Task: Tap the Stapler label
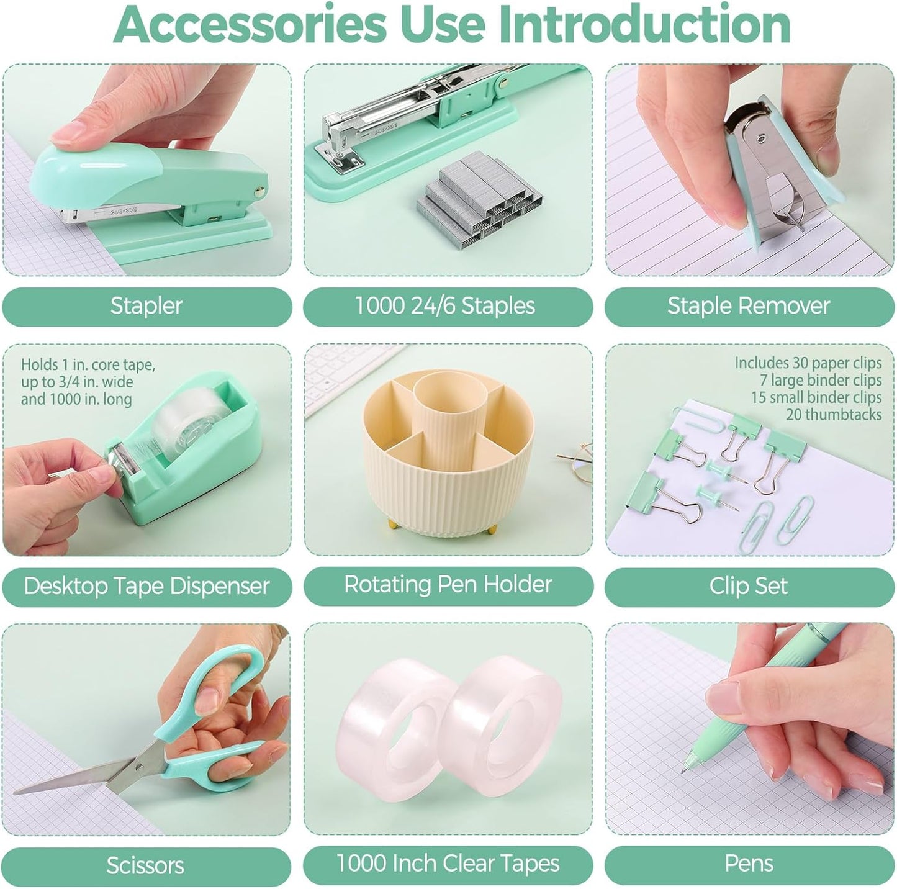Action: point(146,305)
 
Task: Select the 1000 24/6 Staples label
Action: point(444,305)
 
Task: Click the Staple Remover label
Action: point(748,305)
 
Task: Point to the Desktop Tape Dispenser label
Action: point(146,586)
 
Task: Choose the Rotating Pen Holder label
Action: point(448,584)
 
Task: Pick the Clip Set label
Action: point(748,586)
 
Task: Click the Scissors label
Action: point(145,865)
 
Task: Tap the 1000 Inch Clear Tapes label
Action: point(448,864)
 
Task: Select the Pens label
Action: point(749,864)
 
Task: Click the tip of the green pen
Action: point(683,770)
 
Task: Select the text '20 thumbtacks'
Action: point(834,414)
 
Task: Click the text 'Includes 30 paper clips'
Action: point(808,363)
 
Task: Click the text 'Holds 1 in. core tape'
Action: point(88,364)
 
